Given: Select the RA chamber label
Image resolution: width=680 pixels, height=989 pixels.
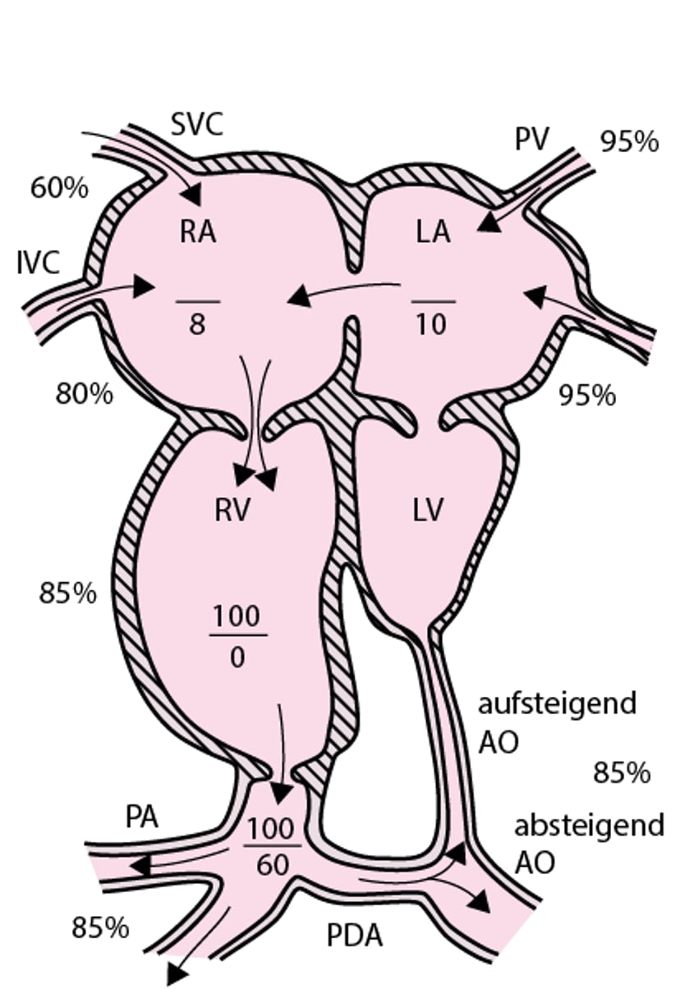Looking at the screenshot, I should [x=198, y=232].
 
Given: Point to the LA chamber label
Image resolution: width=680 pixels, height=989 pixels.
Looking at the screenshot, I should [x=433, y=232].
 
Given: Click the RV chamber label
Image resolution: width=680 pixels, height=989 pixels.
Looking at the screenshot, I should [x=232, y=511].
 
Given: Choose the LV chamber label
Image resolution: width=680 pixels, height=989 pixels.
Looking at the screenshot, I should [x=428, y=511].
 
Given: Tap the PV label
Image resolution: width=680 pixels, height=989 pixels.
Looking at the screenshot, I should [x=532, y=140].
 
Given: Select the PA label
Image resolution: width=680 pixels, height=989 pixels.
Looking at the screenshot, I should [x=142, y=817].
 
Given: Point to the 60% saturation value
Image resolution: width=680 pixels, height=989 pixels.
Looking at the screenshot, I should [x=59, y=188].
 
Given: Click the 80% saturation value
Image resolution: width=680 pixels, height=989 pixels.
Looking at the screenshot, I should [x=84, y=394].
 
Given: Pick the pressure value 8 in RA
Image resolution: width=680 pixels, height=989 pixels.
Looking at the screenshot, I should [x=197, y=324].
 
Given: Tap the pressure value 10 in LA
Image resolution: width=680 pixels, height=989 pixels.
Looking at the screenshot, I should [x=431, y=325].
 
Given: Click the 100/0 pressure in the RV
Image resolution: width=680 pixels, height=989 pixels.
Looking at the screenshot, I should [x=237, y=636].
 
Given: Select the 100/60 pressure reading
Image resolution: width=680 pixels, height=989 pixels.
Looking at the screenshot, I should [x=271, y=845].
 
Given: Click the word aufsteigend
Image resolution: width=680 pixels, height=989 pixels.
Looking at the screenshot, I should [x=557, y=704].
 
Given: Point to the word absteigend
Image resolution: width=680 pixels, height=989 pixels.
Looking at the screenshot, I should [x=589, y=825].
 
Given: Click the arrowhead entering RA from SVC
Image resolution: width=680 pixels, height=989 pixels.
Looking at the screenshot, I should [x=192, y=195].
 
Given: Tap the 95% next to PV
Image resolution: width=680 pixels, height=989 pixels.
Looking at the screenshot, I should [x=629, y=142].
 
